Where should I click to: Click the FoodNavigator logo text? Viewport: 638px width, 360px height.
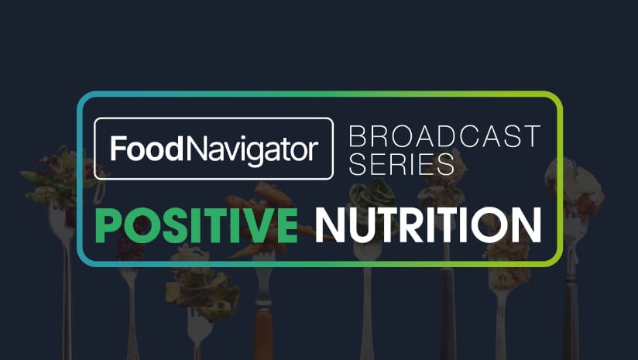pos(214,149)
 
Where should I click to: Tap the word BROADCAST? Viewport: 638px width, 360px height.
pos(444,137)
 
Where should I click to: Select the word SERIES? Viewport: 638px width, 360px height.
pos(401,164)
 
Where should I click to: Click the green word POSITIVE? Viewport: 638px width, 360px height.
pos(197,225)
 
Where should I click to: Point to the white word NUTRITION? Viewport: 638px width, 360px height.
pos(428,225)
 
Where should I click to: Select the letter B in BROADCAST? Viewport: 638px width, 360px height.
pos(358,137)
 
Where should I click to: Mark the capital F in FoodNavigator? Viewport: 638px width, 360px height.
pos(118,149)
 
